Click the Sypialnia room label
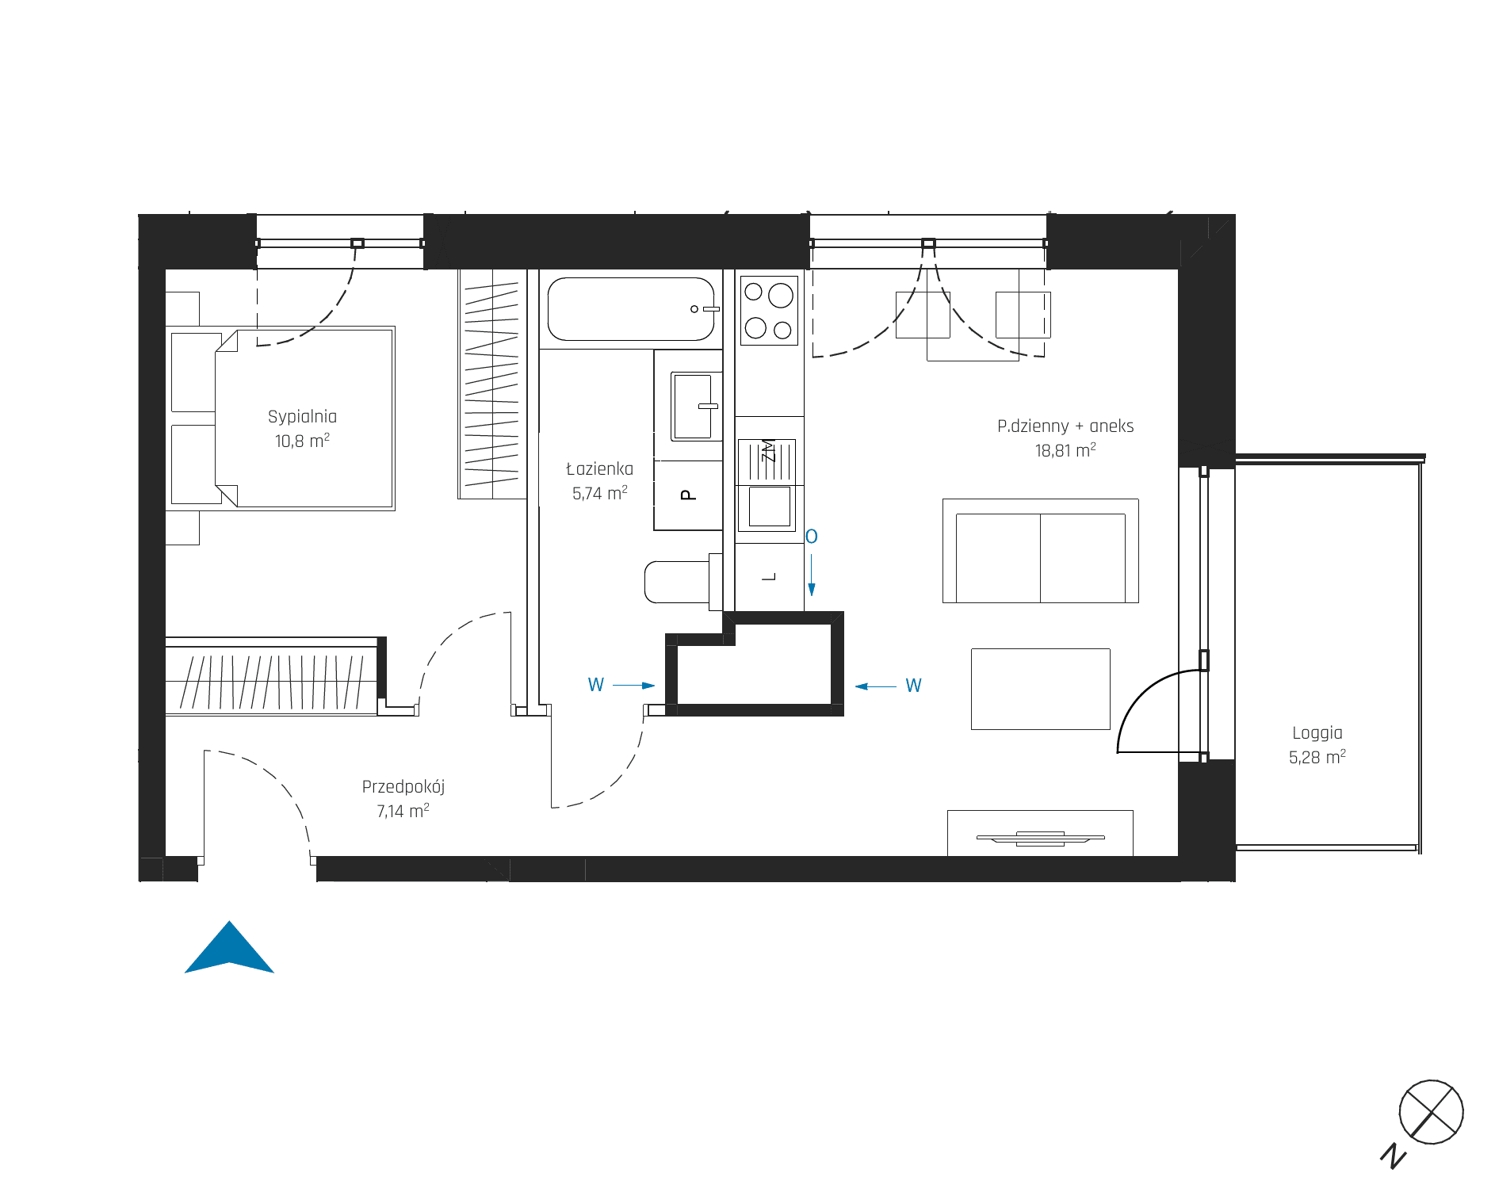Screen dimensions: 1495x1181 coord(302,416)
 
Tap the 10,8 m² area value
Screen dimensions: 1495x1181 coord(302,441)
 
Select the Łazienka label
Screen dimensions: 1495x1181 coord(599,468)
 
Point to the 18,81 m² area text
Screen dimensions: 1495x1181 coord(1065,450)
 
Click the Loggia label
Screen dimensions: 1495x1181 coord(1317,733)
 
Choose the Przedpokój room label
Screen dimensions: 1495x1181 coord(403,786)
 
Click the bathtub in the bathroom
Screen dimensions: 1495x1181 coord(632,309)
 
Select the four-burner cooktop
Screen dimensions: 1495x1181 coord(769,310)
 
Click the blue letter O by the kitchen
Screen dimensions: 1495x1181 coord(811,537)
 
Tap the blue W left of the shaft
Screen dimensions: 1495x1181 coord(596,685)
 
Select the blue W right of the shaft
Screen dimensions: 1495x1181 coord(913,686)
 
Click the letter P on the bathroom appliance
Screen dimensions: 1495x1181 coord(688,495)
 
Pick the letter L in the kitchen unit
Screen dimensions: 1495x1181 coord(769,577)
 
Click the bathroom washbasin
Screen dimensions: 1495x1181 coord(693,406)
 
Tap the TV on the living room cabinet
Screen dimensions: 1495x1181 coord(1040,838)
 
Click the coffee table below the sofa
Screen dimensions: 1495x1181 coord(1041,689)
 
